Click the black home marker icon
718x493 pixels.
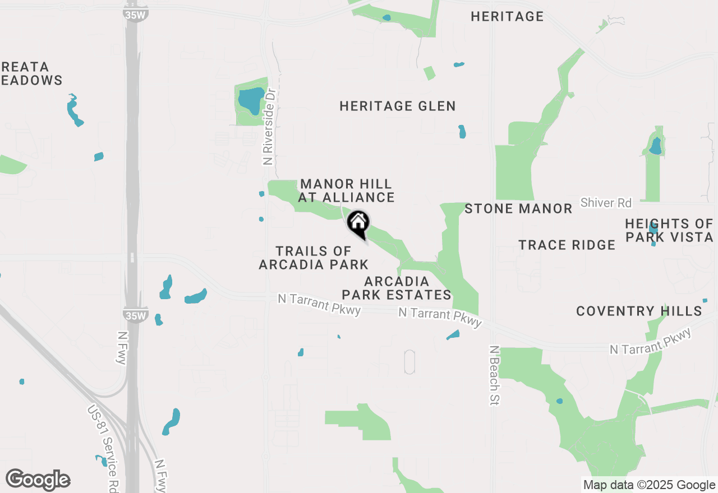click(358, 223)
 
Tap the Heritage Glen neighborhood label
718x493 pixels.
click(398, 106)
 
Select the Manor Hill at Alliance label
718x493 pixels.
click(346, 190)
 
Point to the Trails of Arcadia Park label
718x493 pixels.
click(314, 258)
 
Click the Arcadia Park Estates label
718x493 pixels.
click(397, 288)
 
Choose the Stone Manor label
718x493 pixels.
click(518, 209)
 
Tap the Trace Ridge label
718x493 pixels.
click(567, 245)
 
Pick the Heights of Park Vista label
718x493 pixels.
click(669, 231)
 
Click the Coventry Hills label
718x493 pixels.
click(639, 311)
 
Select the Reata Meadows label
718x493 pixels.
click(31, 74)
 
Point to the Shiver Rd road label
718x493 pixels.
click(606, 203)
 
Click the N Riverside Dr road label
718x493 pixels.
click(270, 126)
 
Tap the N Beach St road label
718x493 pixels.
click(494, 375)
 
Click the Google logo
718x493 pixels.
click(38, 480)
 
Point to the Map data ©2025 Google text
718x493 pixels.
click(649, 485)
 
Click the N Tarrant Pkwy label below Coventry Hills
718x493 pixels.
click(651, 342)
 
